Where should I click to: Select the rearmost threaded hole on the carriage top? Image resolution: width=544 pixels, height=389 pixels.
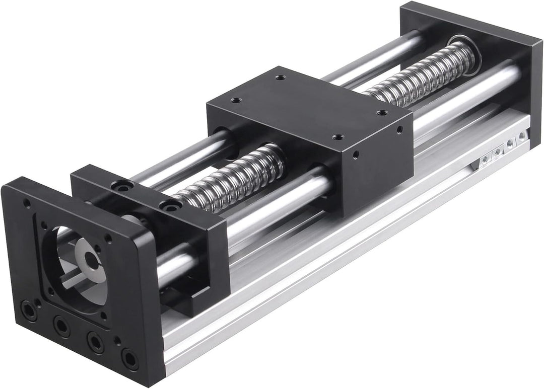point(279,77)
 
